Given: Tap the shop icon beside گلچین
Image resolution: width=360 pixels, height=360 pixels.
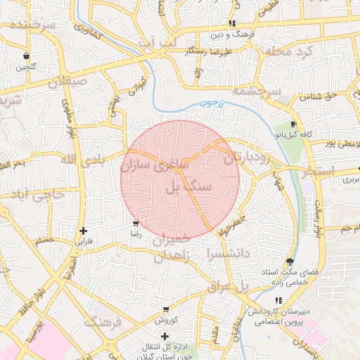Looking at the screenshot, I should pyautogui.click(x=26, y=56).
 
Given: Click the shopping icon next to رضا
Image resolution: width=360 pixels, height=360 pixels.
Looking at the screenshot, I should pyautogui.click(x=135, y=224).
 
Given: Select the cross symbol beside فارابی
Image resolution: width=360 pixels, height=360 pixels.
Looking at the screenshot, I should pyautogui.click(x=84, y=231).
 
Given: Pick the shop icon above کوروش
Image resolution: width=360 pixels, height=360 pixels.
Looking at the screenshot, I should pyautogui.click(x=165, y=309).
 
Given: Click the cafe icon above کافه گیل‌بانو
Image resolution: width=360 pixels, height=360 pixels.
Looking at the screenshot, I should pyautogui.click(x=293, y=124).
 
